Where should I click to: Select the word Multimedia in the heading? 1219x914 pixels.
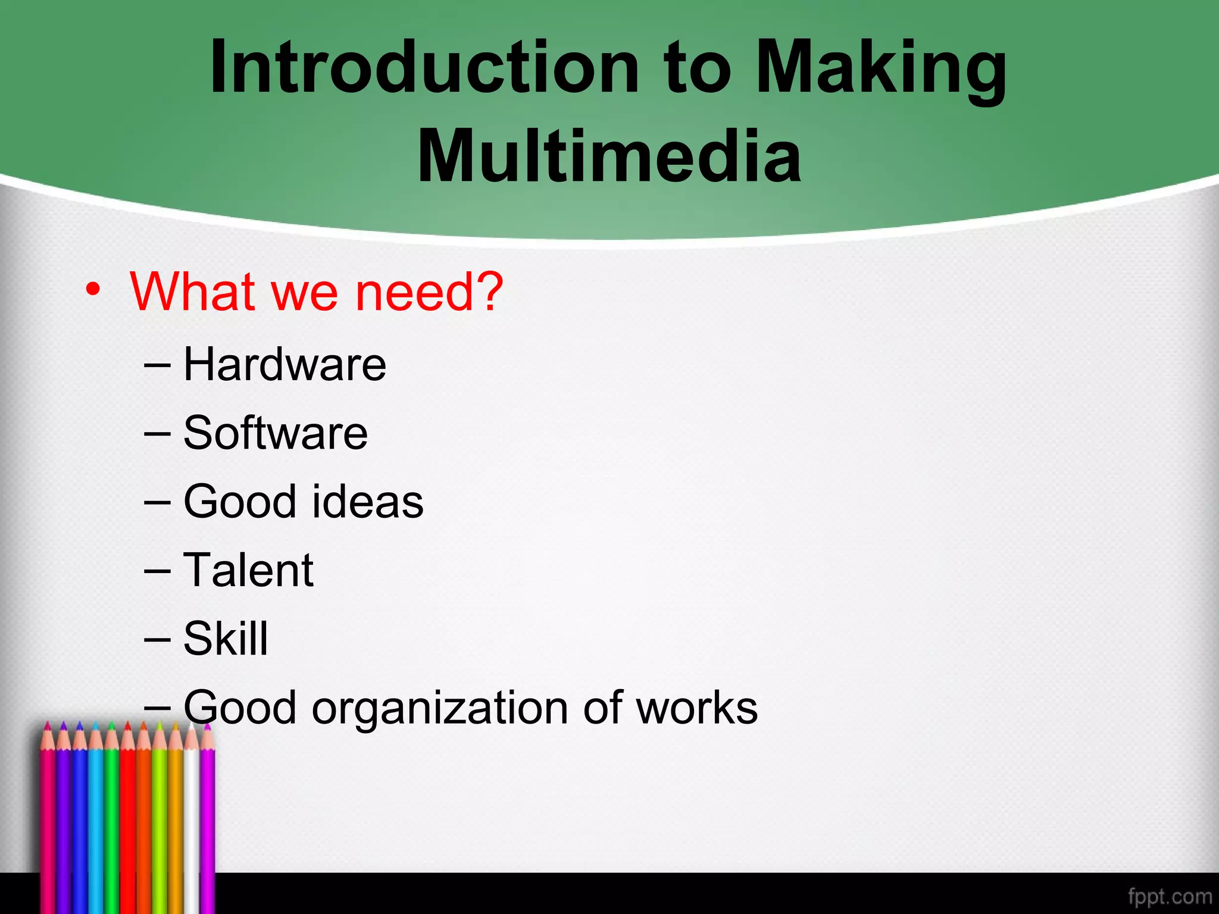click(609, 156)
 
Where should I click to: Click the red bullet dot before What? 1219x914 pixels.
click(92, 290)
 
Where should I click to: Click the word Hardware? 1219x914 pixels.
click(285, 364)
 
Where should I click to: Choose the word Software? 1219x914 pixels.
click(275, 433)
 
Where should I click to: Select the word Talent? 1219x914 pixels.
click(248, 570)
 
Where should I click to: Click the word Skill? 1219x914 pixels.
click(226, 638)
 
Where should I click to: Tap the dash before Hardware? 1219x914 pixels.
click(157, 365)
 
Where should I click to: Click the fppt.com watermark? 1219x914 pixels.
click(1170, 896)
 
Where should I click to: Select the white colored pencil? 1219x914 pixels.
click(191, 821)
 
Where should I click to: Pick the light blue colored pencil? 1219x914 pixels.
click(96, 821)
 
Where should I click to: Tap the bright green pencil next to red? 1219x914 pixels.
click(111, 821)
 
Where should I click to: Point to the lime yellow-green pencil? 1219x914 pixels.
click(160, 821)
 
